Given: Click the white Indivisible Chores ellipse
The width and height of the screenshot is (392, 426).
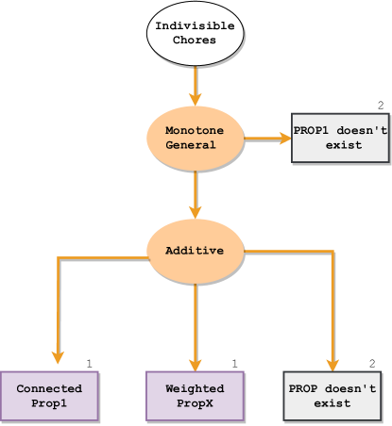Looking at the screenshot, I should coord(196,33).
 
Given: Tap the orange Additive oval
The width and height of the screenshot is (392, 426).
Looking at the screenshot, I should coord(196,252).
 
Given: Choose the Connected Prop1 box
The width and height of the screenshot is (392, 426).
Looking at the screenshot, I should coord(49,395).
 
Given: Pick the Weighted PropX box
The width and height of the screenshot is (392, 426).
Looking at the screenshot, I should coord(196,395).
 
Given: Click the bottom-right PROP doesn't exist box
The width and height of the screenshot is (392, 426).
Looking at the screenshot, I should coord(332,395).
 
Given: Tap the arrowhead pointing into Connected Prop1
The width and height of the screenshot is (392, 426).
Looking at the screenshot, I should coord(58,357).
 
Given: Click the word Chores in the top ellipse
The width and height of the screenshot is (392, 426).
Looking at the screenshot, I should coord(195,41).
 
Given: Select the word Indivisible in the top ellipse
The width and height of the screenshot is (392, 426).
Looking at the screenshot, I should coord(196,25).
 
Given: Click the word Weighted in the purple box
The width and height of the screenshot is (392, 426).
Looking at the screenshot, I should coord(195,387).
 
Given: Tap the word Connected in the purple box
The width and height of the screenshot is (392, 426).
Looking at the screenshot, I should coord(49,387).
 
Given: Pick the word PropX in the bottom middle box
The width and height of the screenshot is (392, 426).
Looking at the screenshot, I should coord(195,402).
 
